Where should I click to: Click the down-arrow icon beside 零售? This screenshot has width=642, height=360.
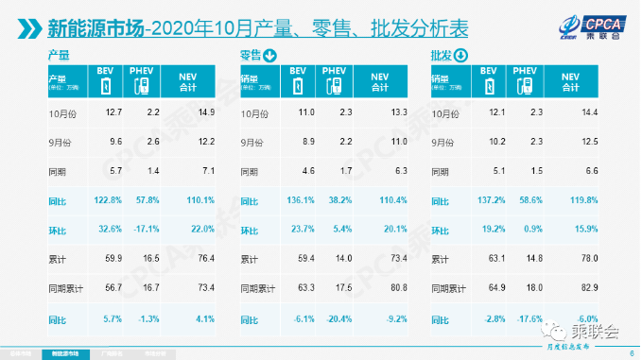pyautogui.click(x=271, y=58)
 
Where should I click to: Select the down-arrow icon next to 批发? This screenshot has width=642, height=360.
pyautogui.click(x=462, y=58)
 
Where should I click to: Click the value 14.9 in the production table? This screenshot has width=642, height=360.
pyautogui.click(x=207, y=113)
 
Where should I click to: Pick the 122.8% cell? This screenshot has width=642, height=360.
pyautogui.click(x=111, y=201)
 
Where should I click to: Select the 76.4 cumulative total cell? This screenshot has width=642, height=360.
pyautogui.click(x=207, y=258)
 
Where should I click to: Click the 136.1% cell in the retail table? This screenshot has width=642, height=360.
pyautogui.click(x=300, y=201)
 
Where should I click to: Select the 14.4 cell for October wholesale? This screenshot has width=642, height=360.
pyautogui.click(x=587, y=113)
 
